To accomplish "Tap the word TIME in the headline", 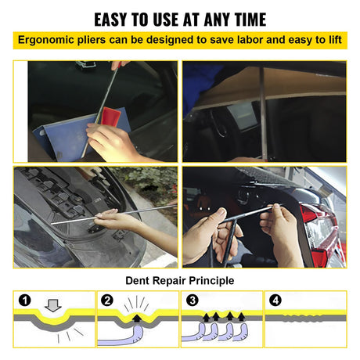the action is [x=250, y=20].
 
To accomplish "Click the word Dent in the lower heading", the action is [x=137, y=281].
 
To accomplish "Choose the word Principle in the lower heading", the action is [x=211, y=281].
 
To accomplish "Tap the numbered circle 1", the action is [x=25, y=301].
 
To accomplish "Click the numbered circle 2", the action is [x=107, y=301].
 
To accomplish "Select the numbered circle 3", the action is [x=193, y=301].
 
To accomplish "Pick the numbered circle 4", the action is [x=275, y=301].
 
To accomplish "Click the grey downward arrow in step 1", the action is [x=53, y=305].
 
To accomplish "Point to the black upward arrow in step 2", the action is [x=136, y=319].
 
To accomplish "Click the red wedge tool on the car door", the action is [x=110, y=117].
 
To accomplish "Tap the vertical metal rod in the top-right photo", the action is [x=263, y=112].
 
